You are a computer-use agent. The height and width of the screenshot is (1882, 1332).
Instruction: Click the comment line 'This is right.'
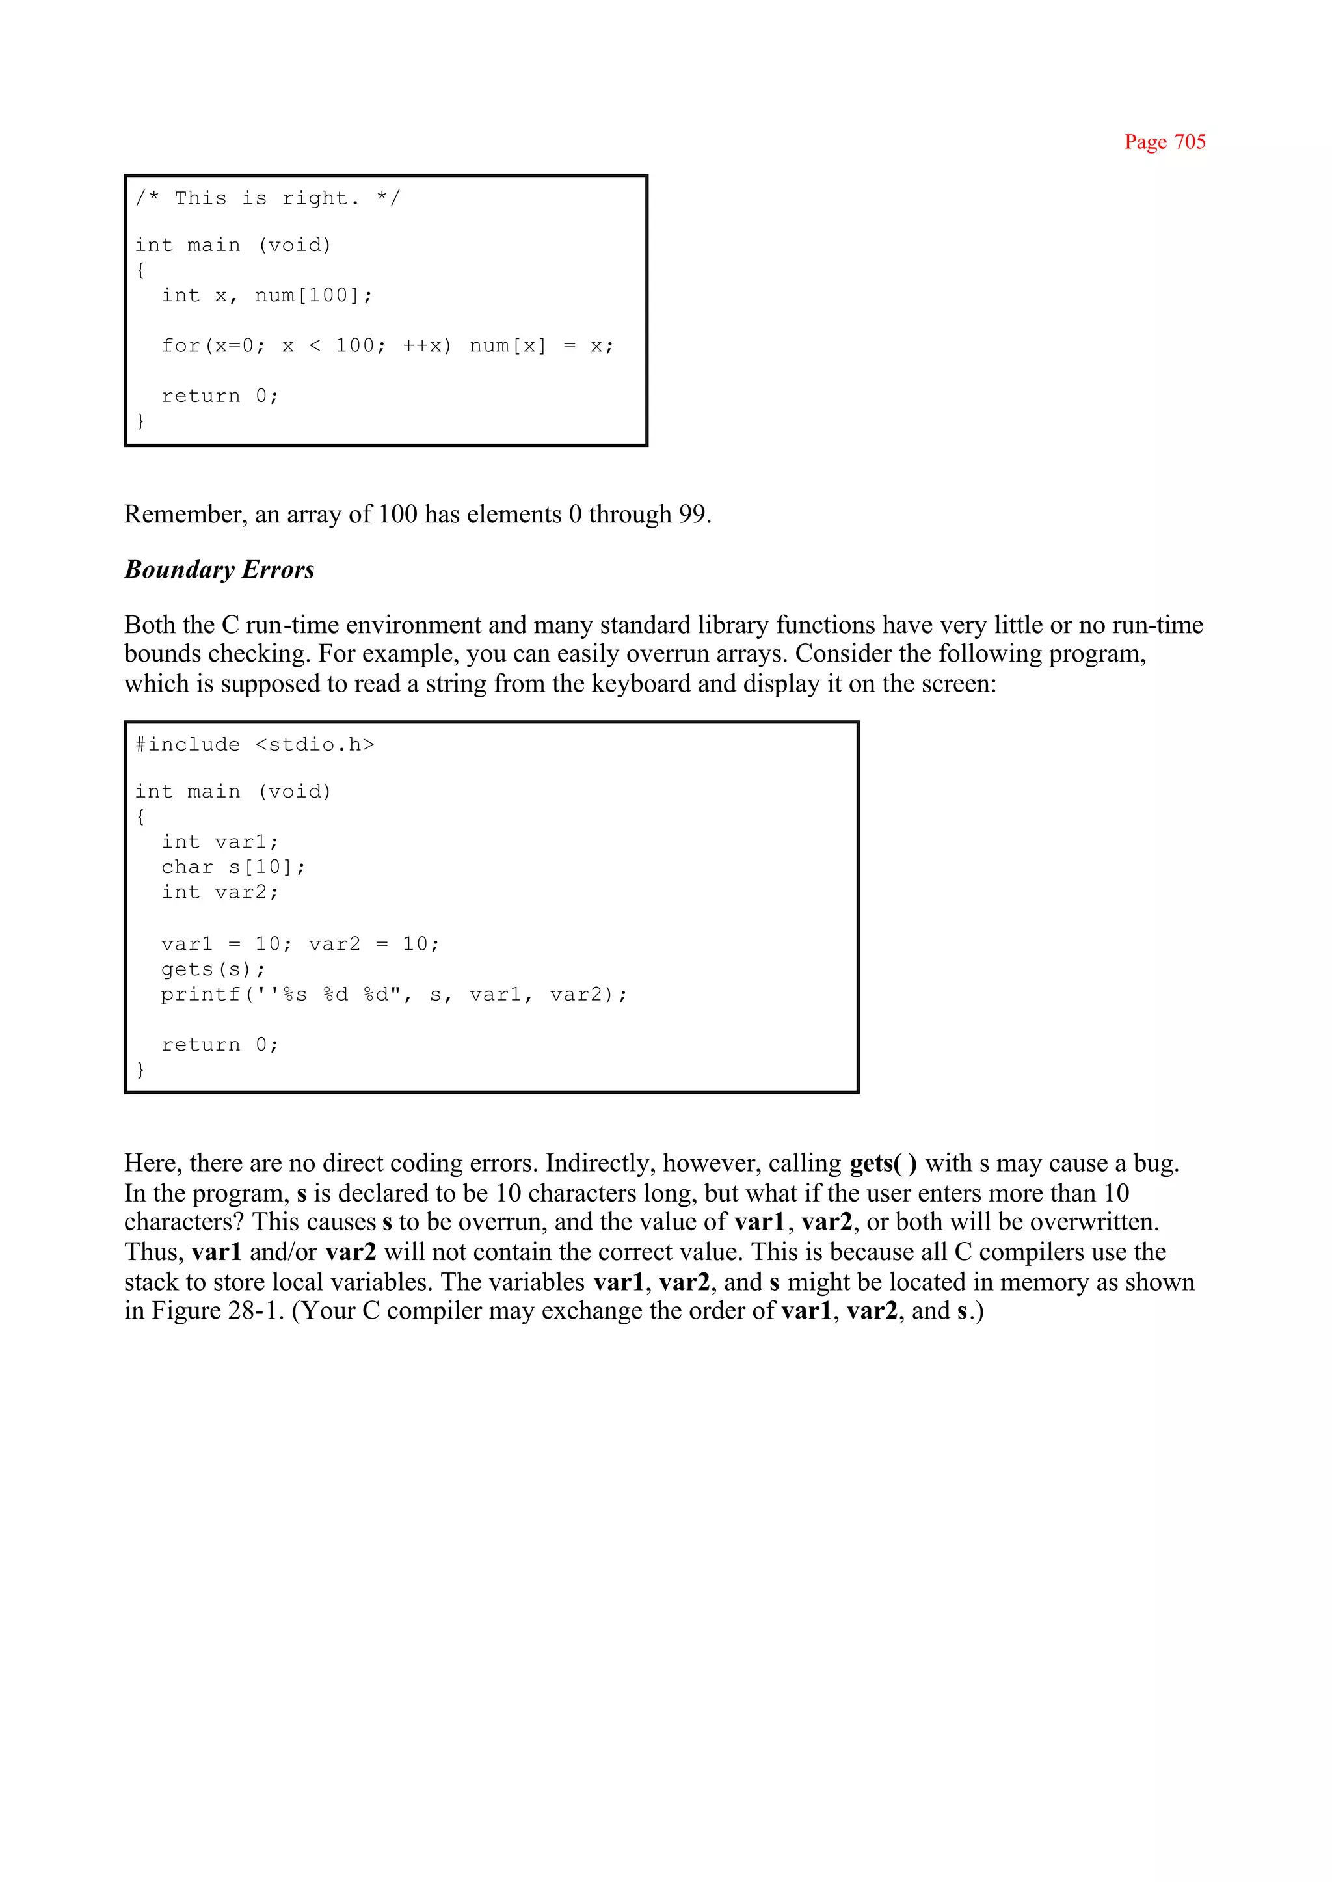(x=267, y=198)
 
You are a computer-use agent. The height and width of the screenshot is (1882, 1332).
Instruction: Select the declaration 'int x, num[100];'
(x=267, y=296)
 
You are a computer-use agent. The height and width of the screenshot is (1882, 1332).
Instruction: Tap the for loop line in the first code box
(x=387, y=346)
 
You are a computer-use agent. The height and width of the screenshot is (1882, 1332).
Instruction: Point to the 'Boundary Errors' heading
(x=219, y=569)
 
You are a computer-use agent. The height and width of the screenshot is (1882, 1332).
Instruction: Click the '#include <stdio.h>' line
(x=254, y=745)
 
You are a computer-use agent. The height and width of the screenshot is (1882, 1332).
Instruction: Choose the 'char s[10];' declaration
(x=233, y=867)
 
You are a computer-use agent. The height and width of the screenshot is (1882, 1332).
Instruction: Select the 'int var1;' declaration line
(x=220, y=842)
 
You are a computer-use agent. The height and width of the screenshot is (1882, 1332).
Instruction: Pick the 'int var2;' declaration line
(x=220, y=893)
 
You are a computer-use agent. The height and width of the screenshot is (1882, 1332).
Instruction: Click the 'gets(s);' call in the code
(x=213, y=970)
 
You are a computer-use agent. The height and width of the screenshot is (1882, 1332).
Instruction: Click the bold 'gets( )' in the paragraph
(x=883, y=1163)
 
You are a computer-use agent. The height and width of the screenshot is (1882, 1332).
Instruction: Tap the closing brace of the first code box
(x=140, y=421)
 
